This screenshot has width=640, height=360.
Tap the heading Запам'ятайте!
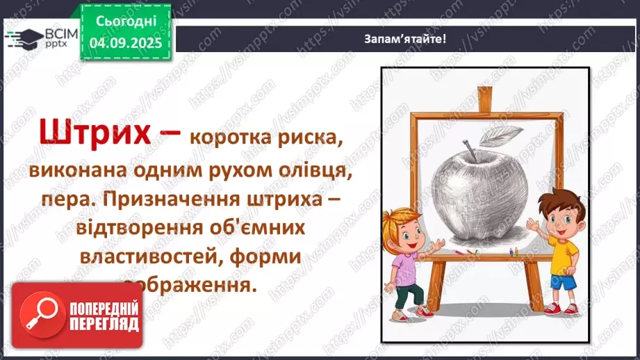(x=405, y=38)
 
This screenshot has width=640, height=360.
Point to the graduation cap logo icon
(x=24, y=38)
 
